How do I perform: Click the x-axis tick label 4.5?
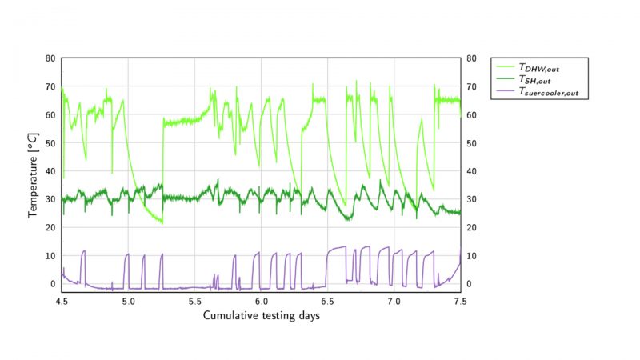point(62,302)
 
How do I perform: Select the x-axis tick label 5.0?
point(128,302)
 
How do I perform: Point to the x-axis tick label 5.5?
point(194,302)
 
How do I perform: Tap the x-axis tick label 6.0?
point(261,302)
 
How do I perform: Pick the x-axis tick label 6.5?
point(327,302)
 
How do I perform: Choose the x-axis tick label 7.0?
point(394,302)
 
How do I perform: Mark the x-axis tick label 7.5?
point(460,302)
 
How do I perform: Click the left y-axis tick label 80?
point(50,58)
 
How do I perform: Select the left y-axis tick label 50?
point(50,143)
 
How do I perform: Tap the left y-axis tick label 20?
point(50,227)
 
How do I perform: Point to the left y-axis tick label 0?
point(52,284)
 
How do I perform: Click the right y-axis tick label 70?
point(473,86)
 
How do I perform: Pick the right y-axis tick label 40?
point(473,171)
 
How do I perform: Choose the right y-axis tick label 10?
point(473,256)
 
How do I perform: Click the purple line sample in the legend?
point(505,91)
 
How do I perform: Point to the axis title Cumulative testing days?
point(262,315)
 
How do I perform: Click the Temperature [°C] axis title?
point(34,171)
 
